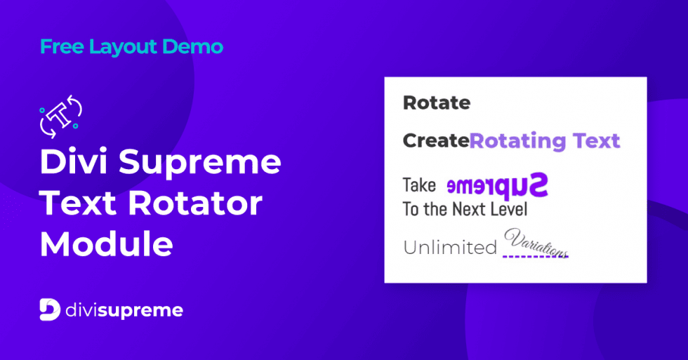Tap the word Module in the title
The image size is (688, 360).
pyautogui.click(x=107, y=244)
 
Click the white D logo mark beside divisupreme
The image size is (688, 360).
pyautogui.click(x=49, y=309)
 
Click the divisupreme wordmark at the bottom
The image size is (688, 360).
pyautogui.click(x=124, y=309)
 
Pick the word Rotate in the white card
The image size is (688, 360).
pyautogui.click(x=437, y=103)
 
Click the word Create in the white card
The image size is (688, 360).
pyautogui.click(x=435, y=141)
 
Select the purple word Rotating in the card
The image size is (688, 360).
pyautogui.click(x=518, y=141)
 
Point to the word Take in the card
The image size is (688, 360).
pyautogui.click(x=419, y=186)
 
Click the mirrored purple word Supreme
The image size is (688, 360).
pyautogui.click(x=497, y=186)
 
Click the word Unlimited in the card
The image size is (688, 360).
pyautogui.click(x=450, y=248)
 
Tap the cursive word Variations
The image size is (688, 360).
pyautogui.click(x=536, y=242)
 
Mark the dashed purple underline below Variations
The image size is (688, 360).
pyautogui.click(x=536, y=256)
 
